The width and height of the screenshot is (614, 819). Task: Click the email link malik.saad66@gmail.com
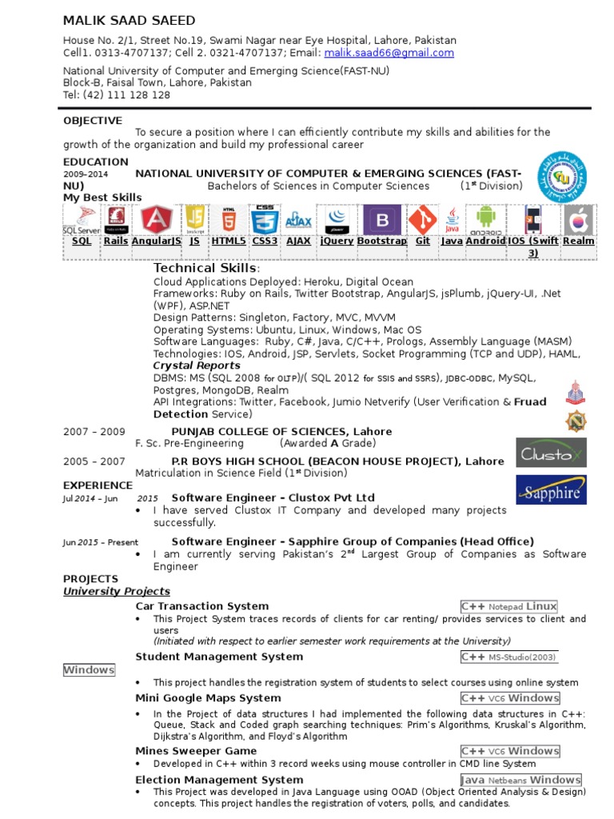point(389,53)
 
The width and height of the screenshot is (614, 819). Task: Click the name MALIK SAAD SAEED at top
point(130,20)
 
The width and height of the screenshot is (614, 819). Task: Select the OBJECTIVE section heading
point(93,121)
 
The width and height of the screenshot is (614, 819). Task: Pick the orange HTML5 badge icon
point(229,220)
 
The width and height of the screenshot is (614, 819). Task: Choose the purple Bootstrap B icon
point(382,220)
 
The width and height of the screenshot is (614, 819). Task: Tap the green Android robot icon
point(485,219)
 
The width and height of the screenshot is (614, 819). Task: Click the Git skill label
point(423,241)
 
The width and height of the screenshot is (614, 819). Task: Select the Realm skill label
point(579,241)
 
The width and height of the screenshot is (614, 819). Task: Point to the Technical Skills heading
point(205,268)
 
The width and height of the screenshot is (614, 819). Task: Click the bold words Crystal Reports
point(197,366)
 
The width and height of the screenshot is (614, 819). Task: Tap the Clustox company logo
point(551,453)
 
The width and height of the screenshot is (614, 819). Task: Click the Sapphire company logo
point(551,490)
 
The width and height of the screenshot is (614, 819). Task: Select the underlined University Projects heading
point(117,592)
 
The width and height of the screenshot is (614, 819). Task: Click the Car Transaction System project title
point(202,606)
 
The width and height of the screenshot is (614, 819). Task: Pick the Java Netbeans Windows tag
point(520,780)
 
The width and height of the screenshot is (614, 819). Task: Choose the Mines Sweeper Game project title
point(197,751)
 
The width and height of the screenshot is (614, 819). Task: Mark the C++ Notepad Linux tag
point(508,606)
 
